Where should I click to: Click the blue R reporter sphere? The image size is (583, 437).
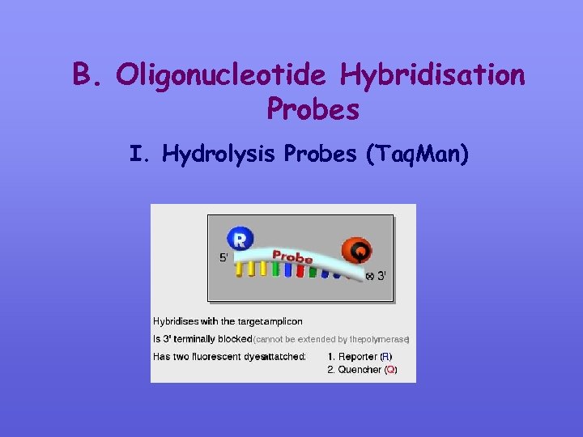(x=240, y=239)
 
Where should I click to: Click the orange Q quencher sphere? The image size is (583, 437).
(x=357, y=251)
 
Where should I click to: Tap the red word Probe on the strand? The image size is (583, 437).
(x=292, y=257)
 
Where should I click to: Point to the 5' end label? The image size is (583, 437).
(x=224, y=258)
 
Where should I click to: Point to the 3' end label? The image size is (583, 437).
(x=381, y=276)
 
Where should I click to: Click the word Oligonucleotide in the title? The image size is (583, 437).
(x=221, y=76)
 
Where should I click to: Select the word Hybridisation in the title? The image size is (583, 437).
(x=432, y=76)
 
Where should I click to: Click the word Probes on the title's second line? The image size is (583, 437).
(x=312, y=109)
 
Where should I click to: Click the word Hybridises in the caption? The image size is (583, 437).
(x=177, y=321)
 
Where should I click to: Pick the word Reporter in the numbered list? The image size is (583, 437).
(x=358, y=356)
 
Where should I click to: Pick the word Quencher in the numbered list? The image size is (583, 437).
(x=360, y=370)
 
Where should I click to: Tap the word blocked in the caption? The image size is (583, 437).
(x=235, y=339)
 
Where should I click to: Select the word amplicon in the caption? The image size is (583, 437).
(x=283, y=321)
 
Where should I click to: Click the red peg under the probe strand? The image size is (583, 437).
(x=300, y=270)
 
